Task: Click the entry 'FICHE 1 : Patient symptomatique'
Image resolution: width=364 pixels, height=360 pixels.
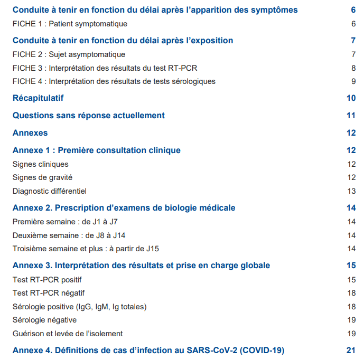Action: point(70,24)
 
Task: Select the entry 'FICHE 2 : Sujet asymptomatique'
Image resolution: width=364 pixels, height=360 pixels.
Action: point(69,54)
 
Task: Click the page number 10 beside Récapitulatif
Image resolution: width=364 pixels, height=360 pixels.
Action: point(351,98)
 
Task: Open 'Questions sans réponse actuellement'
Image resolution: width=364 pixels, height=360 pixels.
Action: point(88,116)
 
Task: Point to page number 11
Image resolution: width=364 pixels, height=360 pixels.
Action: point(351,116)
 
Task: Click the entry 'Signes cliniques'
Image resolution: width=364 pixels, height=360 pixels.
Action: point(41,164)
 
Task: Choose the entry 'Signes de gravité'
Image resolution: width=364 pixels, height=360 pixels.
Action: point(42,177)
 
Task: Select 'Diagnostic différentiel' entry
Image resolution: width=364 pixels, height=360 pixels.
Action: point(49,191)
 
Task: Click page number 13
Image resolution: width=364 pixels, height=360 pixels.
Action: point(352,191)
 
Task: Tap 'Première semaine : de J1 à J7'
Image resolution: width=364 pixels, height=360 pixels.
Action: point(65,222)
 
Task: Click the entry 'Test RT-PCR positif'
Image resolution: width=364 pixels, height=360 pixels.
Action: point(47,280)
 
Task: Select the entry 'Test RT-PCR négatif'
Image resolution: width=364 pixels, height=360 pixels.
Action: point(49,293)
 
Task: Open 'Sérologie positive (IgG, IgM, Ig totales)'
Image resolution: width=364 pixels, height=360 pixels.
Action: point(79,307)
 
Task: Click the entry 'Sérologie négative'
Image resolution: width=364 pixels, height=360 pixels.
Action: point(44,320)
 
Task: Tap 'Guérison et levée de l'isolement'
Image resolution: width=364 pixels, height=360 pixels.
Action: point(67,334)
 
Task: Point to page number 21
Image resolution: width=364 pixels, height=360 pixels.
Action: point(351,350)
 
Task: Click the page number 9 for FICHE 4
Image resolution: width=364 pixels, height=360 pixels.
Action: point(353,81)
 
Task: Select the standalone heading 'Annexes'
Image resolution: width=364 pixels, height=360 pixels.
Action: point(30,133)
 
